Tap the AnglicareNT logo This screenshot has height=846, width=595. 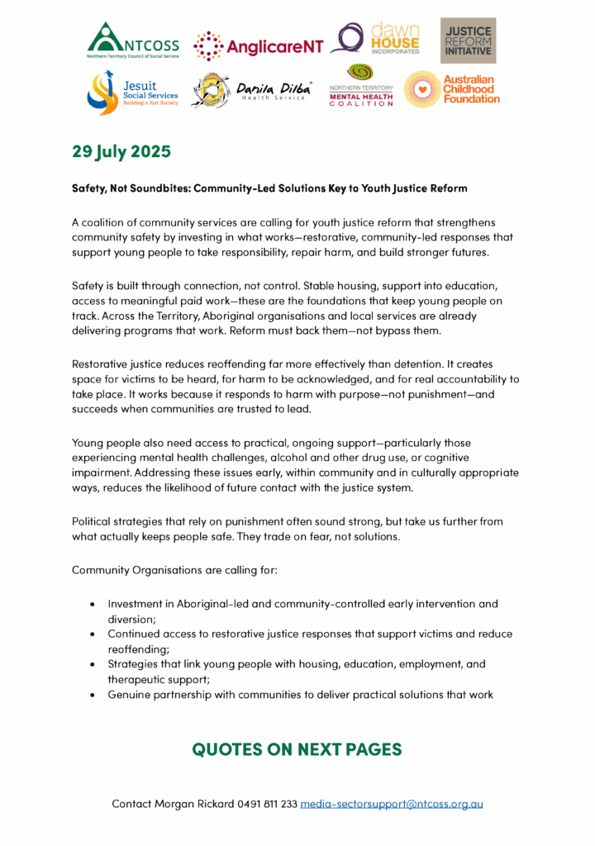258,46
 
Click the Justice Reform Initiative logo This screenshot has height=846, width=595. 468,40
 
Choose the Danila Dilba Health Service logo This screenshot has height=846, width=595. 252,91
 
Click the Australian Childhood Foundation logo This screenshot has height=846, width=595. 452,89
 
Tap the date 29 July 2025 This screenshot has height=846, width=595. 121,152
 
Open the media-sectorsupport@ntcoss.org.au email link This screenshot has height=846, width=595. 392,803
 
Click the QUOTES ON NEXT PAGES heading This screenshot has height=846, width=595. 297,749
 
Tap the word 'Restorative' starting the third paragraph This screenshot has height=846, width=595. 103,363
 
